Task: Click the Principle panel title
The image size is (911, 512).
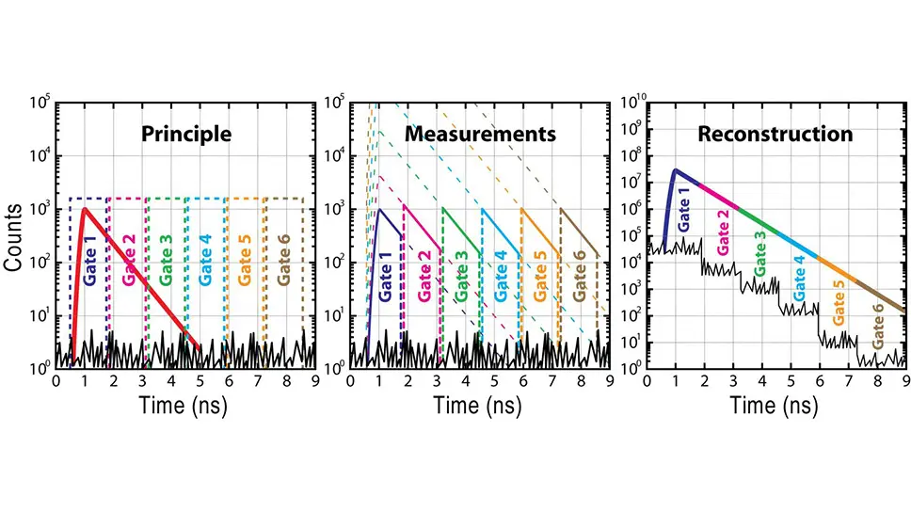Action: click(x=185, y=134)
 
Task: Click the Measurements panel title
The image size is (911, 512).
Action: click(x=480, y=134)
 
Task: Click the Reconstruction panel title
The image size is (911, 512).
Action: click(x=775, y=134)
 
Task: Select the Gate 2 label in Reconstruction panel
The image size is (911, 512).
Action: click(x=724, y=233)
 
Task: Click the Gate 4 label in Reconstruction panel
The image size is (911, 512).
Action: click(x=800, y=277)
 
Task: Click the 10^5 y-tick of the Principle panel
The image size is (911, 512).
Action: click(x=40, y=97)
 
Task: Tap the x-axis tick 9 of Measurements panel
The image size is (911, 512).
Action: click(x=610, y=381)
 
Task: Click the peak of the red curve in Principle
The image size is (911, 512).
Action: click(x=84, y=209)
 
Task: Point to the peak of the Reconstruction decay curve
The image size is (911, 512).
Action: click(x=675, y=170)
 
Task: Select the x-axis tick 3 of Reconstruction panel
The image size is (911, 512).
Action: click(x=733, y=381)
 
